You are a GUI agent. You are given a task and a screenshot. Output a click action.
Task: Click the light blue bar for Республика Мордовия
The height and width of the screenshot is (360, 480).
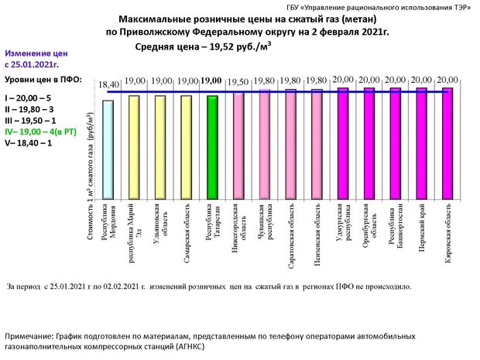coord(108,147)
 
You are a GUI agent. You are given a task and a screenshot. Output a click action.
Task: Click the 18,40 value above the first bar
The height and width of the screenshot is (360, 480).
coord(108,84)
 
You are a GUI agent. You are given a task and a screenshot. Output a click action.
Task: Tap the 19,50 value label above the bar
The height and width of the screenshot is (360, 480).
coord(238,81)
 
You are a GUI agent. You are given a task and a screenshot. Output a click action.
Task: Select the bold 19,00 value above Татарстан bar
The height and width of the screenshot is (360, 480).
coord(211,81)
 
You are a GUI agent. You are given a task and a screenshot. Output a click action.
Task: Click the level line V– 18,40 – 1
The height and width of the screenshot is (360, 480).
coord(29,143)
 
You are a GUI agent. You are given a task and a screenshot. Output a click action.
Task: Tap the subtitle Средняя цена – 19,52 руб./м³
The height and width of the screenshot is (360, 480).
coord(200,46)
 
